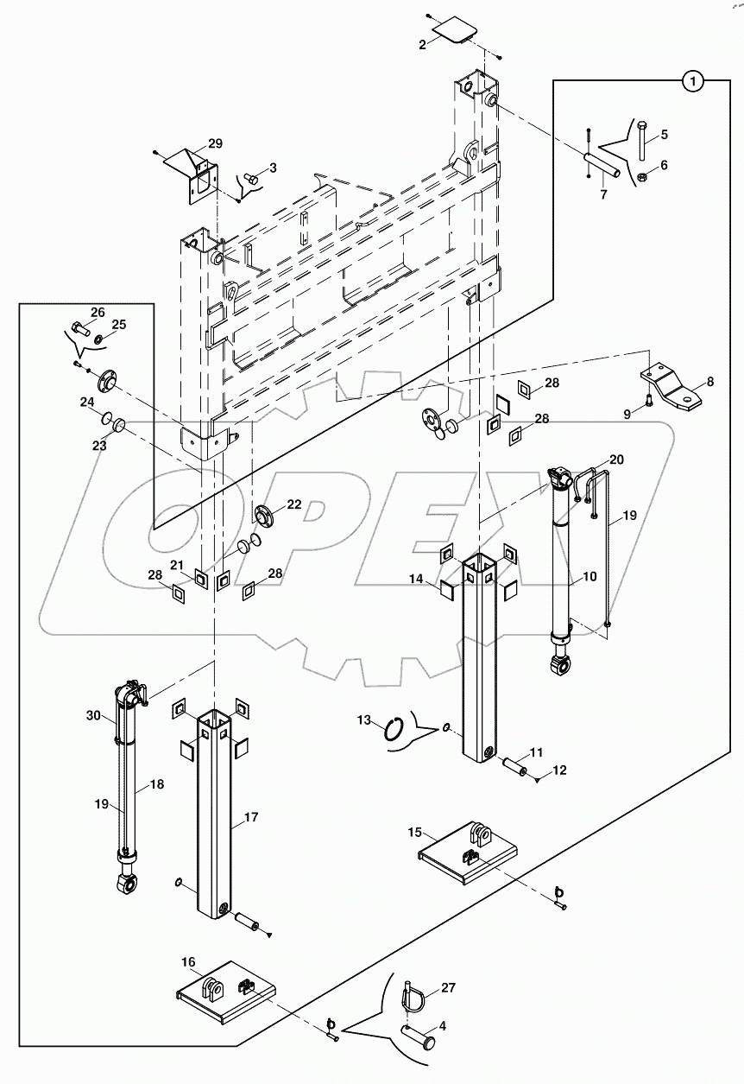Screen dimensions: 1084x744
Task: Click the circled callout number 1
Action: click(693, 82)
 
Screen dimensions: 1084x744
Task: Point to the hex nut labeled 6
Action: click(642, 178)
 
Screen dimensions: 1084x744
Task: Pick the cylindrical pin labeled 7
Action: click(602, 166)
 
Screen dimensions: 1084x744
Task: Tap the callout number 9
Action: click(628, 414)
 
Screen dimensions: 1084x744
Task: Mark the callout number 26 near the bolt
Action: click(98, 312)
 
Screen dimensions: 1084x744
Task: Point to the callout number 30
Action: click(93, 715)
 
